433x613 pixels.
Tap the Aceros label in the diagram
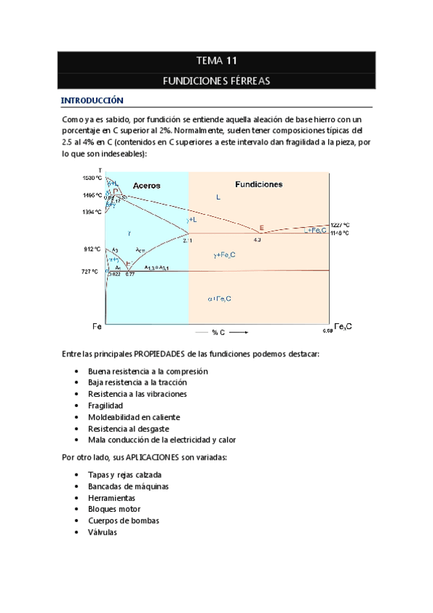tap(146, 186)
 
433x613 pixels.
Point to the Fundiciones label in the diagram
tap(259, 184)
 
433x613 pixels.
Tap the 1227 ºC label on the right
tap(340, 225)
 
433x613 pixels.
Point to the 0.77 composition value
tap(130, 275)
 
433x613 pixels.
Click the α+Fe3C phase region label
tap(219, 299)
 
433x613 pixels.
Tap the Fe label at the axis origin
tap(96, 327)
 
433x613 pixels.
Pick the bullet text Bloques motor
tap(113, 509)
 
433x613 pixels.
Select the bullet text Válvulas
tap(103, 532)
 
